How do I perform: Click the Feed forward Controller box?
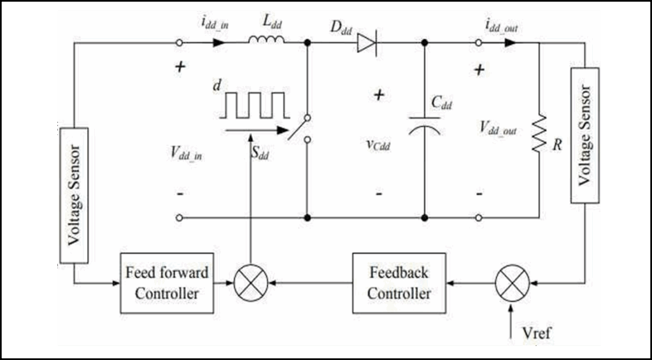point(167,283)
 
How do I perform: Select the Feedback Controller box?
point(399,283)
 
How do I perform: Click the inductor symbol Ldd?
point(267,41)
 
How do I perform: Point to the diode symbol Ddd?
point(367,43)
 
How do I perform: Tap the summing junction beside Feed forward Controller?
point(250,283)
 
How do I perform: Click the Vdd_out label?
point(499,129)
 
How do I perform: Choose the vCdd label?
point(378,145)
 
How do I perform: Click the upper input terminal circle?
point(180,43)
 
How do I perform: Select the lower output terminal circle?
point(479,218)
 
